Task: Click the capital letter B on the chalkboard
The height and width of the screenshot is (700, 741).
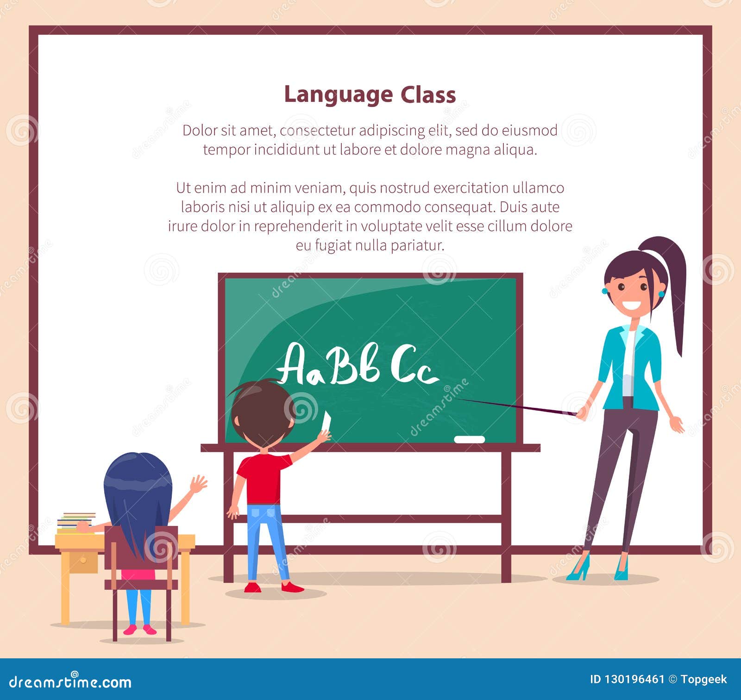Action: (344, 364)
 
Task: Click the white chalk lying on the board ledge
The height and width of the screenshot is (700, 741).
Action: (469, 439)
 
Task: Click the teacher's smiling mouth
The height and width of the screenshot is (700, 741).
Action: (633, 307)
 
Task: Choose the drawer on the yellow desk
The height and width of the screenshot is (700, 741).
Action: (83, 561)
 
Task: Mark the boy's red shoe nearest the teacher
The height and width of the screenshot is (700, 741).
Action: (292, 587)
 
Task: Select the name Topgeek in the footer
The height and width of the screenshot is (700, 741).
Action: (703, 679)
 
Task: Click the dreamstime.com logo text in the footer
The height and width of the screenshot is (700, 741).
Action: (70, 681)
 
